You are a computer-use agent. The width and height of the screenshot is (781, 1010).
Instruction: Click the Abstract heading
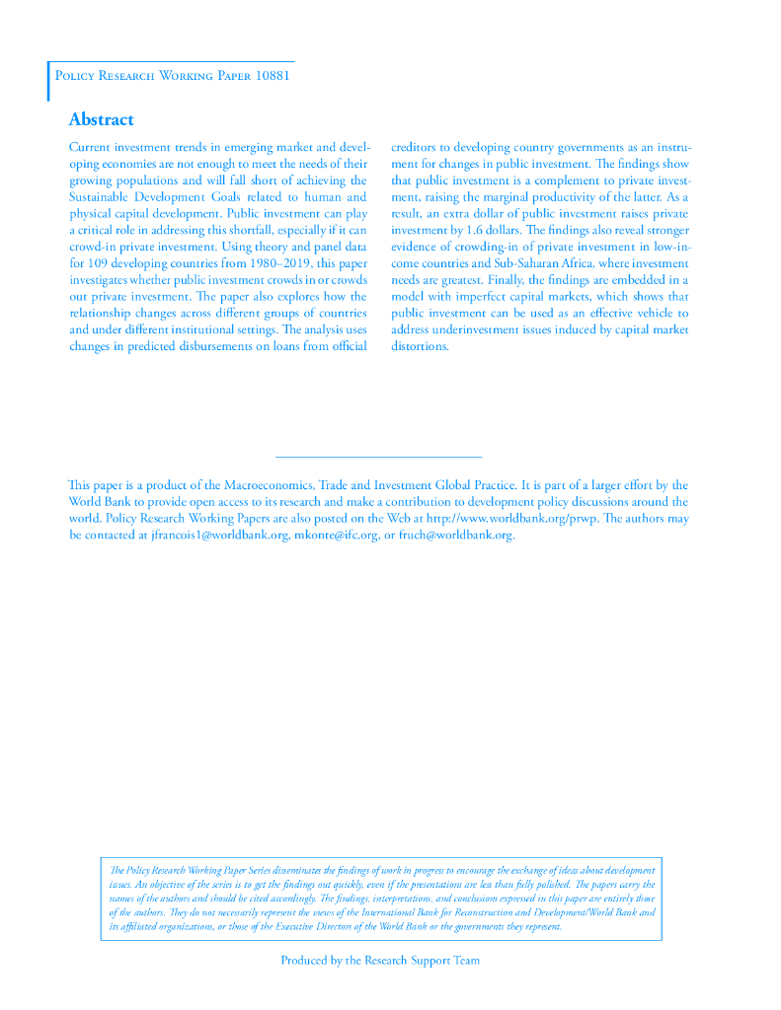coord(101,119)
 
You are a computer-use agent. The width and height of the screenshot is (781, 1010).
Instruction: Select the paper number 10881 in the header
coord(272,76)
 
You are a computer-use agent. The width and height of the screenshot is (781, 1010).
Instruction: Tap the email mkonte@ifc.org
coord(337,536)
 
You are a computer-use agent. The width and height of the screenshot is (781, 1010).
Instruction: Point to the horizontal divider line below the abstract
coord(377,457)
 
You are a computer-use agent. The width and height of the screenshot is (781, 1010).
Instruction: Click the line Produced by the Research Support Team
coord(380,961)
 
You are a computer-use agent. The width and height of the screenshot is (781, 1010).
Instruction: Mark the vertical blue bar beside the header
coord(48,81)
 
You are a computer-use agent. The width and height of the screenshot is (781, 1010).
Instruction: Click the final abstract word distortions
coord(420,346)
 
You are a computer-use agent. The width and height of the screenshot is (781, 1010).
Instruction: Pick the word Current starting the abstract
coord(90,147)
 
